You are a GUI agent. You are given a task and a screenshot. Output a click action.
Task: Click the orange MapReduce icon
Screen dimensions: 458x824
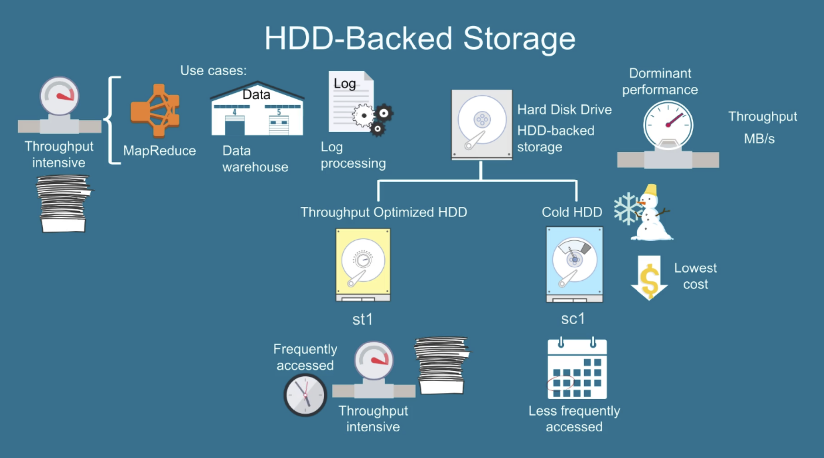(x=155, y=111)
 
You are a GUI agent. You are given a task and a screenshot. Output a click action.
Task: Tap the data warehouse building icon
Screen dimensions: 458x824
(x=257, y=110)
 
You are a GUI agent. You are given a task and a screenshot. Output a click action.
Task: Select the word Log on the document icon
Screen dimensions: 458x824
(x=345, y=83)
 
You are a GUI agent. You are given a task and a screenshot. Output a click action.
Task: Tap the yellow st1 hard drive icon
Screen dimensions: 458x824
(x=363, y=265)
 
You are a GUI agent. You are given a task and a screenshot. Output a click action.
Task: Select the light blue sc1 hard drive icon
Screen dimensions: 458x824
(x=574, y=265)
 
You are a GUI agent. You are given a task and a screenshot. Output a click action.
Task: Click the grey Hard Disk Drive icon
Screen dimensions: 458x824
(x=482, y=124)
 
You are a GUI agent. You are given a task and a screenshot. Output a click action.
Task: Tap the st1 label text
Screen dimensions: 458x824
(x=363, y=319)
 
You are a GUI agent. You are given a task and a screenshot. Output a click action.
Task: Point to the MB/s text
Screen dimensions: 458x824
(x=759, y=139)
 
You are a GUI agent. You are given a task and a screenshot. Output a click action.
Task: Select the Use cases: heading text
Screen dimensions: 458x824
(x=213, y=70)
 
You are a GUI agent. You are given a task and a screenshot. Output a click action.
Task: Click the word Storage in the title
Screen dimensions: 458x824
(x=519, y=39)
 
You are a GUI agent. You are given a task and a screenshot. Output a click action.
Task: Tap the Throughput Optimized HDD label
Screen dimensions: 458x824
(x=384, y=212)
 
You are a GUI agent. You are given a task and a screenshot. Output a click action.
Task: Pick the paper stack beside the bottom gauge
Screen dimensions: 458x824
(x=442, y=365)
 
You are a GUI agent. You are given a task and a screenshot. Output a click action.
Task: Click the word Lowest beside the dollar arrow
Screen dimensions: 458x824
(x=695, y=268)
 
